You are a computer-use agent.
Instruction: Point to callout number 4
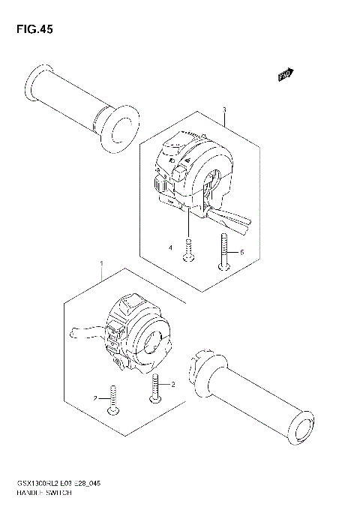coord(170,247)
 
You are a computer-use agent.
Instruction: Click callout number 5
coord(242,253)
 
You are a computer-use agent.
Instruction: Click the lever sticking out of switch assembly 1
coord(85,331)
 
